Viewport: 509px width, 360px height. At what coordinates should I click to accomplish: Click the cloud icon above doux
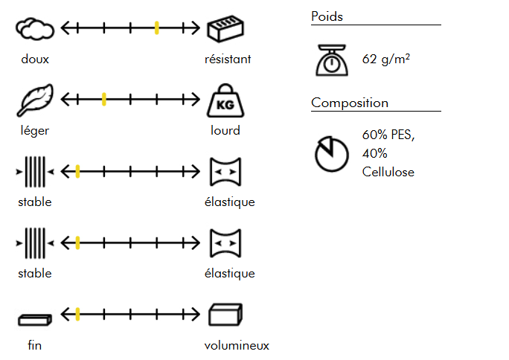click(34, 29)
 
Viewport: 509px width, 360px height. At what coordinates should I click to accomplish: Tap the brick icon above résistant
click(226, 29)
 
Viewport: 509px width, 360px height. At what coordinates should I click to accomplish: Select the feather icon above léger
click(34, 100)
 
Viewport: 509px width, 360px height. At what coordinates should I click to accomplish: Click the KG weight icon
click(225, 100)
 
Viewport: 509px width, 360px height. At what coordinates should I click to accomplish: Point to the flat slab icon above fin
click(35, 319)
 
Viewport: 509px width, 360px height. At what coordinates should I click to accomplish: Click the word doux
click(35, 59)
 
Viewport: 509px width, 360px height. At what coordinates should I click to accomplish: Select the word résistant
click(228, 59)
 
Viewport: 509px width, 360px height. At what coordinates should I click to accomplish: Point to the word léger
click(35, 130)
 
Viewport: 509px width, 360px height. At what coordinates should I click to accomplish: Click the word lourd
click(225, 130)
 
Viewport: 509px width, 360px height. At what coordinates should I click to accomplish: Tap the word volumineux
click(237, 345)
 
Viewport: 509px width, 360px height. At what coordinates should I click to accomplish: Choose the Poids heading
click(327, 16)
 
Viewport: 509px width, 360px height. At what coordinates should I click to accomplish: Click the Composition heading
click(350, 103)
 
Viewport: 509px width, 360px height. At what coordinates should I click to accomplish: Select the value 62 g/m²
click(386, 59)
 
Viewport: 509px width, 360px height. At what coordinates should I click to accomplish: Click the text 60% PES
click(388, 135)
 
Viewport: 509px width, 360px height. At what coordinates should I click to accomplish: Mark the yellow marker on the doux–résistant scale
click(157, 28)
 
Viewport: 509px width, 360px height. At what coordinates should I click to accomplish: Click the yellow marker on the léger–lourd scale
click(104, 99)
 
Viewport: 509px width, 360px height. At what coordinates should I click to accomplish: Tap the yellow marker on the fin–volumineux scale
click(77, 314)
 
